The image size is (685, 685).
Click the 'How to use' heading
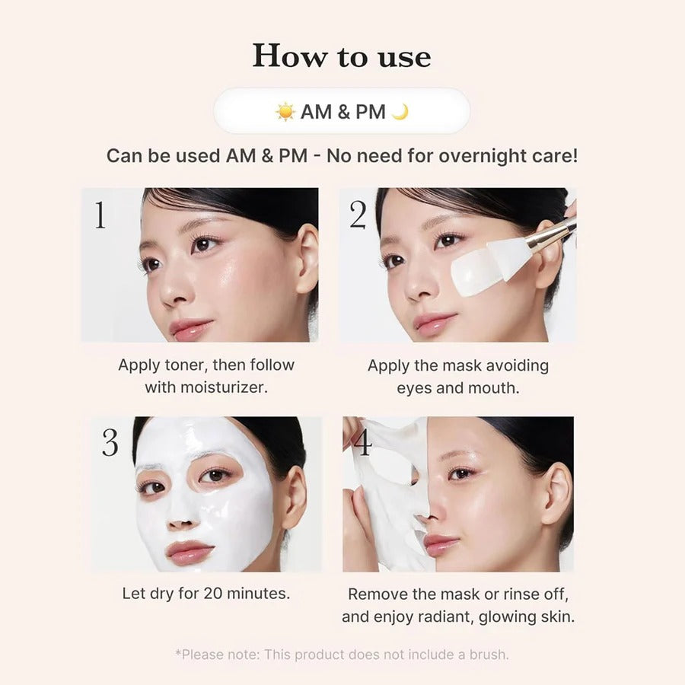tap(342, 56)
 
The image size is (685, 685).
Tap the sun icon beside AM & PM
tap(285, 112)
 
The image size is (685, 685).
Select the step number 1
tap(100, 216)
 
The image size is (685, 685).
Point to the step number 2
tap(358, 216)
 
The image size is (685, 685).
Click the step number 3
tap(110, 443)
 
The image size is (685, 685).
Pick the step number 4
tap(363, 443)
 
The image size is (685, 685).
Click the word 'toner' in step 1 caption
tap(183, 365)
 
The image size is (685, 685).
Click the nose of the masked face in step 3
tap(180, 518)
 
